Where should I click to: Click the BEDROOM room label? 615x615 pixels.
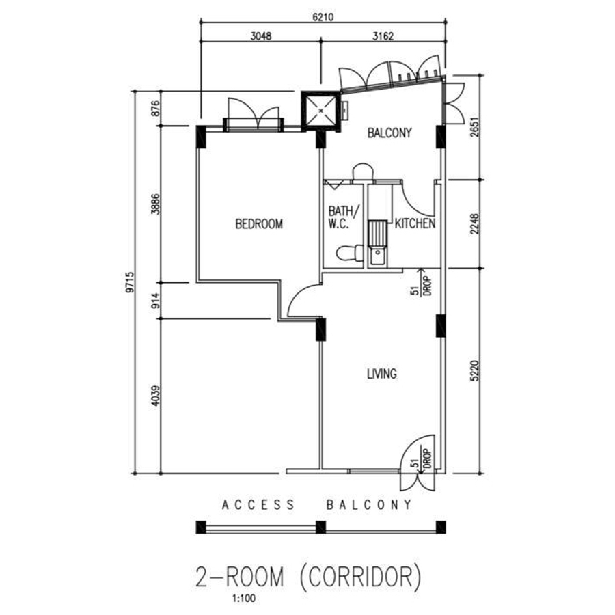click(259, 224)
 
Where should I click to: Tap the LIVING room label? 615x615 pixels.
click(381, 374)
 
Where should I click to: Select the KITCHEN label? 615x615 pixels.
click(415, 223)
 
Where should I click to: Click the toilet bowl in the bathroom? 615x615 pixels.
click(350, 253)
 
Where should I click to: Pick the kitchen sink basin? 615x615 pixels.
click(378, 258)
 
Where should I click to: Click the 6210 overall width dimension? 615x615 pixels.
click(323, 17)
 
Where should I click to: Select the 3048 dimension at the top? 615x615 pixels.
click(261, 36)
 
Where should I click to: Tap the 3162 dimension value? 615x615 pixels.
click(383, 36)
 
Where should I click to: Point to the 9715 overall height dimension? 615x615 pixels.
click(131, 282)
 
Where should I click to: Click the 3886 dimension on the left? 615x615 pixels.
click(156, 204)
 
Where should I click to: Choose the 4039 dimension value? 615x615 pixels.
click(156, 396)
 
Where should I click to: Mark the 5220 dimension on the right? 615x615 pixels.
click(475, 370)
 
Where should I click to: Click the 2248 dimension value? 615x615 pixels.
click(475, 224)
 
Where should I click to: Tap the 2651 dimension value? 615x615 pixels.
click(475, 127)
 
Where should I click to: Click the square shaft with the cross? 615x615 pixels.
click(321, 111)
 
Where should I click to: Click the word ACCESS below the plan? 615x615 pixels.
click(258, 505)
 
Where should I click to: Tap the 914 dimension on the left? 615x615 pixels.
click(156, 301)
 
